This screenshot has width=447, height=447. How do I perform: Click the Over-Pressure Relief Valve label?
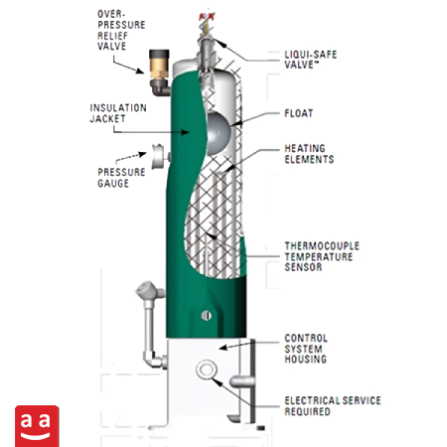[x=121, y=30]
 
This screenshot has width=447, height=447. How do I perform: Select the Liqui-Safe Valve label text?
[x=311, y=60]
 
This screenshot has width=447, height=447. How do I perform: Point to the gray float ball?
[x=218, y=133]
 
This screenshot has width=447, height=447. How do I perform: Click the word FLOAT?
[x=299, y=113]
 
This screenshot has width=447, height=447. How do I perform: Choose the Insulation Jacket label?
[x=118, y=113]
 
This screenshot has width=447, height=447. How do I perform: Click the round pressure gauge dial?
[x=158, y=157]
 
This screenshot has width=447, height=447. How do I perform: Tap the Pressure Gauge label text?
[x=121, y=178]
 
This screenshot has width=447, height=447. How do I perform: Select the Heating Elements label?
[x=309, y=154]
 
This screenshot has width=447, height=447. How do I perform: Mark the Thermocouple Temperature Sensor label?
[x=322, y=256]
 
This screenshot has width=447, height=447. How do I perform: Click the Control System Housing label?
[x=306, y=349]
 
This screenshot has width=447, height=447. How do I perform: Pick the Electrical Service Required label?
[x=333, y=406]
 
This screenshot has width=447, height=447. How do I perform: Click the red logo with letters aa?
[x=37, y=426]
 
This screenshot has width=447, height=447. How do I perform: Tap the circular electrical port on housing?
[x=207, y=369]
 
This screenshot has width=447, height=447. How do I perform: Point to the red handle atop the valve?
[x=207, y=17]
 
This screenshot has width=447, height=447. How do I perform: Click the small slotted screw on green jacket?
[x=207, y=316]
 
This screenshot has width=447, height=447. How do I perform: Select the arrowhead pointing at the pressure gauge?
[x=143, y=154]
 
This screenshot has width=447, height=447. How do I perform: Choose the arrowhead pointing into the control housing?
[x=223, y=348]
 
